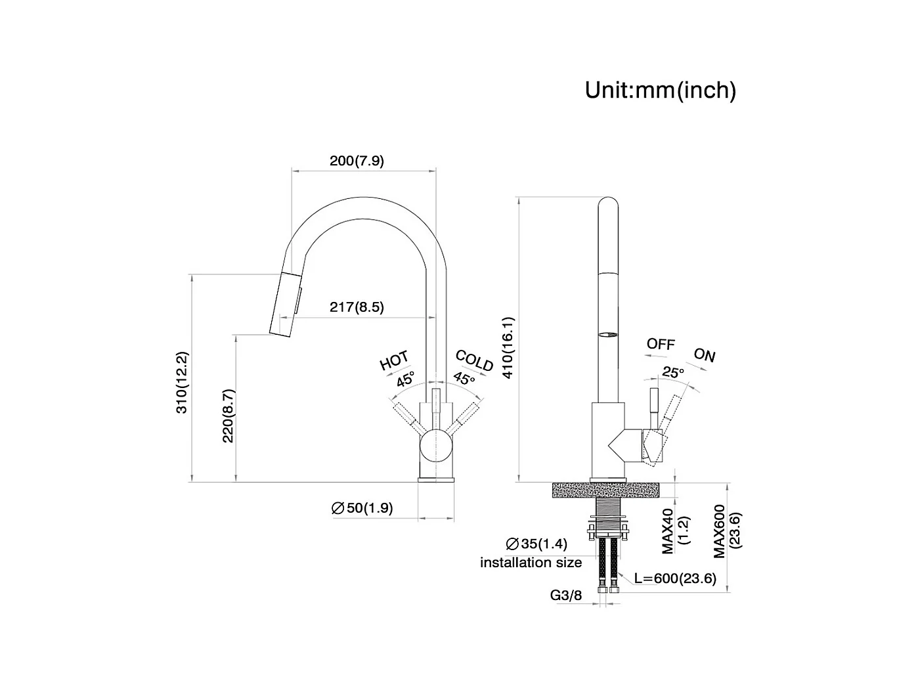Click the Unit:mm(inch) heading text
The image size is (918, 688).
tap(660, 91)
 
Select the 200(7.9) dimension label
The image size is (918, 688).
tap(357, 160)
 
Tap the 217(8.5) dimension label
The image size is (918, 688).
tap(357, 307)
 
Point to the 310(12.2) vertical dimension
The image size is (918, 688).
tap(182, 383)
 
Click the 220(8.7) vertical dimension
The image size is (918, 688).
tap(228, 416)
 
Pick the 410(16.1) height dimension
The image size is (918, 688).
tap(508, 348)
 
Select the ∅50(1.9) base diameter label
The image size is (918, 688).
tap(362, 507)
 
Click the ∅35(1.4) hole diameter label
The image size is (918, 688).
tap(536, 544)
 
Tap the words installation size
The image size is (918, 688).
tap(531, 563)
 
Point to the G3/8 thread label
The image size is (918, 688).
tap(565, 595)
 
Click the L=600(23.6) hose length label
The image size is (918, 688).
tap(675, 578)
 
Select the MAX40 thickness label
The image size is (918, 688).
tap(668, 531)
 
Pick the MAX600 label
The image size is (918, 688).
tap(720, 531)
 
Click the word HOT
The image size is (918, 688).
tap(394, 360)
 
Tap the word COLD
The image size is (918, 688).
tap(474, 360)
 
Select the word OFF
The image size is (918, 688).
tap(661, 344)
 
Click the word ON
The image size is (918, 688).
tap(705, 355)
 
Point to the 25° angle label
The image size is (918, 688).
tap(673, 372)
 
